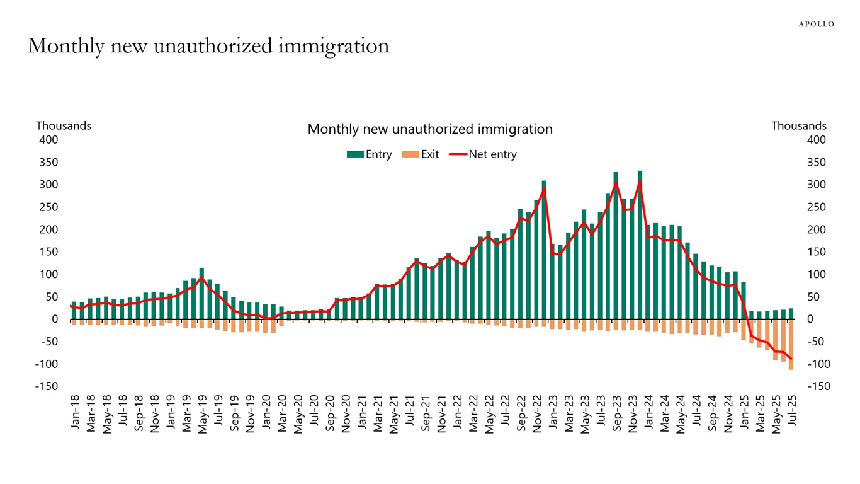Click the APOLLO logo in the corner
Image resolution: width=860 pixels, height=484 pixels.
(816, 24)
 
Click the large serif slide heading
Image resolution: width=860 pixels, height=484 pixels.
(208, 46)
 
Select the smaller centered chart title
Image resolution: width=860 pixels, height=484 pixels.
(429, 129)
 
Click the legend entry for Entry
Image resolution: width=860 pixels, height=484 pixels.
(369, 154)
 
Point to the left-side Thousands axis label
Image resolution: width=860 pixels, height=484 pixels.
(64, 126)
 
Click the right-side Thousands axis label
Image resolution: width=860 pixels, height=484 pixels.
(798, 126)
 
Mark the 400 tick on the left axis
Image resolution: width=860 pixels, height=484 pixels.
(48, 140)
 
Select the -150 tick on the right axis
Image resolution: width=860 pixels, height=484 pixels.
(818, 386)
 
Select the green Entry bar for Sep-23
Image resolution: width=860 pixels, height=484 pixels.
(616, 246)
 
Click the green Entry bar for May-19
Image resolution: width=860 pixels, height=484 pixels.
(201, 294)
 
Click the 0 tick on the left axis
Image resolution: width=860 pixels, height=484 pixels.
(55, 320)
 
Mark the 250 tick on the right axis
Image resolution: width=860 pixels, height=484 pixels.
(816, 207)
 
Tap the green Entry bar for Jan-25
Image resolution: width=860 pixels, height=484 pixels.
(744, 301)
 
